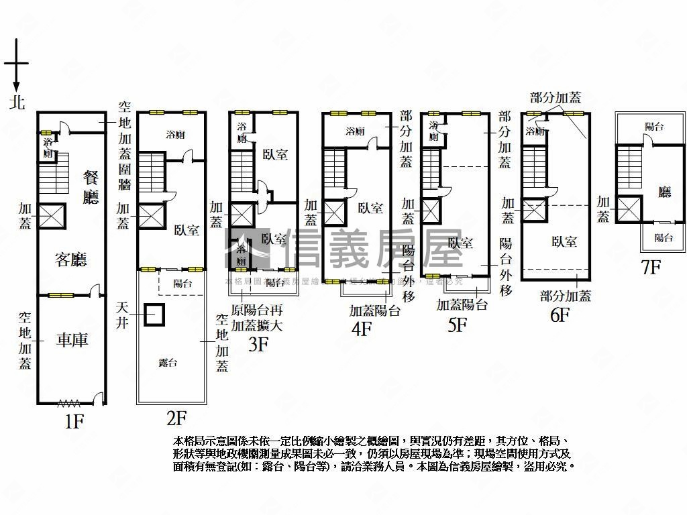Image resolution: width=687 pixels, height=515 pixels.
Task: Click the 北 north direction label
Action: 17,102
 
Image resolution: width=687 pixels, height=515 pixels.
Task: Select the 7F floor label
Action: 651,267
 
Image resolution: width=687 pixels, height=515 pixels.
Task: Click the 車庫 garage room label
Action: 72,340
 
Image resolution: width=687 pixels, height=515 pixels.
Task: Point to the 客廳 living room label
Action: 71,260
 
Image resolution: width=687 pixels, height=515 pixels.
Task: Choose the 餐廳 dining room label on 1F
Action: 91,187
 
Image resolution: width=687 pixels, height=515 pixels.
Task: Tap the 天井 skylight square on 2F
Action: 154,314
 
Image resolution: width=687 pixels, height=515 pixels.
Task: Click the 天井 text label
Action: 123,314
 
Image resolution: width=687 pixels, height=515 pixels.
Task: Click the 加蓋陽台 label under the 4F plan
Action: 374,310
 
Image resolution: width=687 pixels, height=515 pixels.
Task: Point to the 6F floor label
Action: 560,314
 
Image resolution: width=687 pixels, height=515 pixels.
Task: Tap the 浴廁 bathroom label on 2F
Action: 175,135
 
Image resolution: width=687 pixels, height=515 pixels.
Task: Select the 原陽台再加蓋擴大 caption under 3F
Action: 257,319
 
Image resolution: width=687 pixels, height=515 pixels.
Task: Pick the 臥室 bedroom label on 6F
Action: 564,242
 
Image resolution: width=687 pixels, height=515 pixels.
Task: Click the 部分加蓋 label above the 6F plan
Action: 555,98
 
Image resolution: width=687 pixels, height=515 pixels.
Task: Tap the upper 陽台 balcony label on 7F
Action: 654,126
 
